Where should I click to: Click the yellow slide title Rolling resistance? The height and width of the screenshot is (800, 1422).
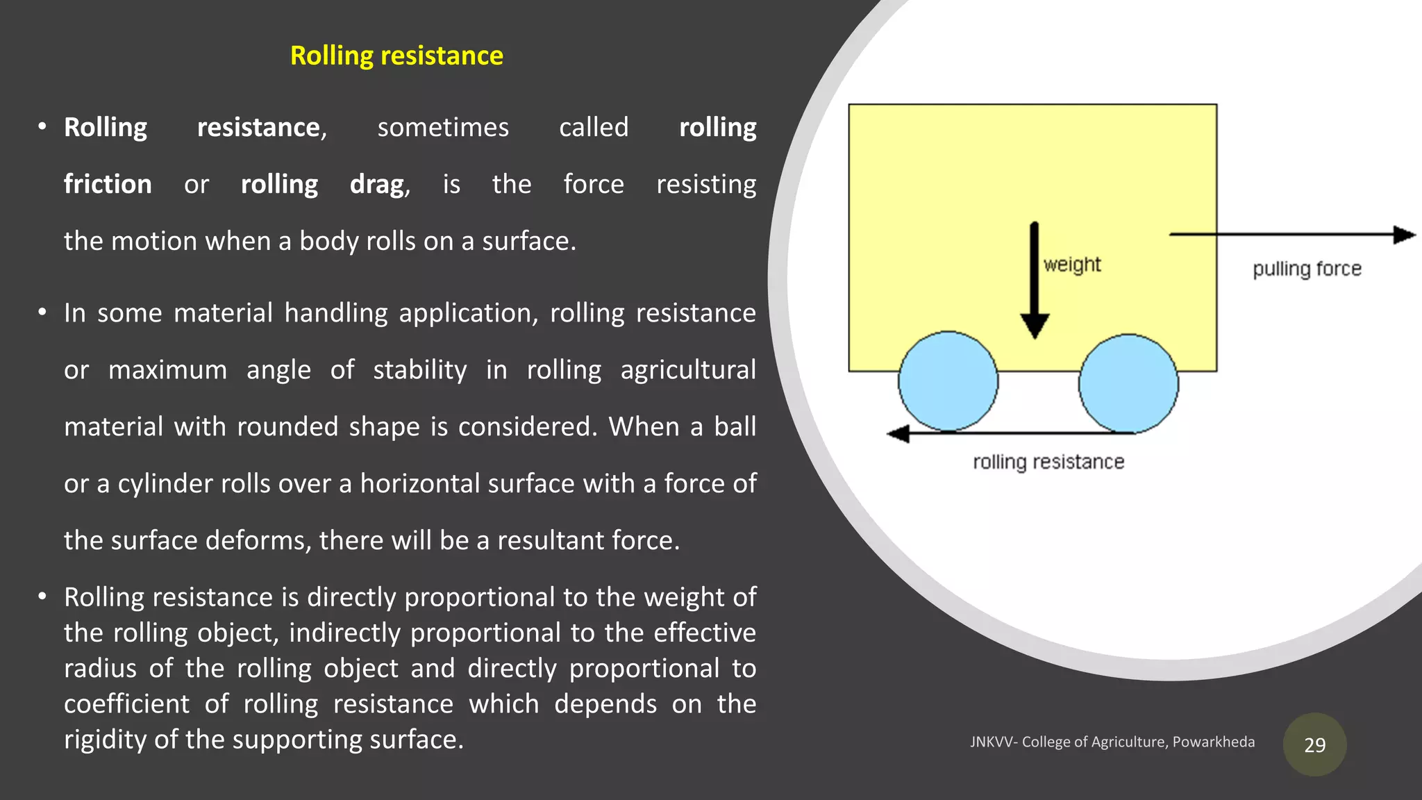coord(396,56)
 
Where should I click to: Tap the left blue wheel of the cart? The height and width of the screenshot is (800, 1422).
coord(948,381)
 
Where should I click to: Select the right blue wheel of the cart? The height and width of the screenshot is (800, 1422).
coord(1128,383)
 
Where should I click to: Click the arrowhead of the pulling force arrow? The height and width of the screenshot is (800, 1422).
coord(1404,235)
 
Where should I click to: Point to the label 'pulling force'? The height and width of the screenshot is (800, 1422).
coord(1307,269)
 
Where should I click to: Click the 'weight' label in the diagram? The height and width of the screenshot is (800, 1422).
coord(1072,265)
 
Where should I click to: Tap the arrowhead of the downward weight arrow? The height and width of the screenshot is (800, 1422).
coord(1035,325)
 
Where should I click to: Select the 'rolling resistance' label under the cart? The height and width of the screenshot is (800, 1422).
coord(1048,462)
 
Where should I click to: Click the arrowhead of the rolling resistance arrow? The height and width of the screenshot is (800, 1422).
coord(899,434)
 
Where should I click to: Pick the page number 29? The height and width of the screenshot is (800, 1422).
coord(1314,745)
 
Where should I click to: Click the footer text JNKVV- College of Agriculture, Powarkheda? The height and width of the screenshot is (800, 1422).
coord(1112,742)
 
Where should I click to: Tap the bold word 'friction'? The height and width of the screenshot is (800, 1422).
coord(108,184)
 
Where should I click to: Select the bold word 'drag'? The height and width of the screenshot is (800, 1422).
coord(377,184)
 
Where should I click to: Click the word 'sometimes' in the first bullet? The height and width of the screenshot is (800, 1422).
coord(443,128)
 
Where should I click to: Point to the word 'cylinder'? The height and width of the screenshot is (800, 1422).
coord(164,484)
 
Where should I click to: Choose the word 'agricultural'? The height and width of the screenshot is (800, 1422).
coord(688,370)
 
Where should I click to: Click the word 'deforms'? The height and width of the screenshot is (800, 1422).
coord(258,540)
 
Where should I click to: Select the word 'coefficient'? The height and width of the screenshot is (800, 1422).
coord(126,704)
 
